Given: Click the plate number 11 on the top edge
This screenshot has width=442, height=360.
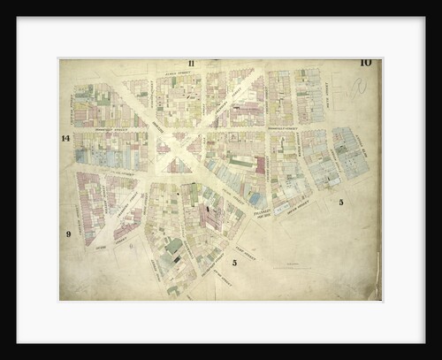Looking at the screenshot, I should point(190,64).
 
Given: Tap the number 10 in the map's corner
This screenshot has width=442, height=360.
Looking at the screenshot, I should point(365,63).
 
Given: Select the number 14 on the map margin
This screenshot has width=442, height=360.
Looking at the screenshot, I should point(65,138).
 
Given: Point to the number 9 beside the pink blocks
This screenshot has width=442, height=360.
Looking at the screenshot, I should point(67,234).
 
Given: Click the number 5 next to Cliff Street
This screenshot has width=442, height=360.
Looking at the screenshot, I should point(234,262).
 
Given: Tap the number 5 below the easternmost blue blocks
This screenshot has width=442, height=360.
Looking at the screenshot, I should point(340,203).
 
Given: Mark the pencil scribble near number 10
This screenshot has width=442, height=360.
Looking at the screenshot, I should point(356,88).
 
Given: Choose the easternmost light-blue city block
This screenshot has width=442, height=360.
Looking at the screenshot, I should point(350,151).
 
